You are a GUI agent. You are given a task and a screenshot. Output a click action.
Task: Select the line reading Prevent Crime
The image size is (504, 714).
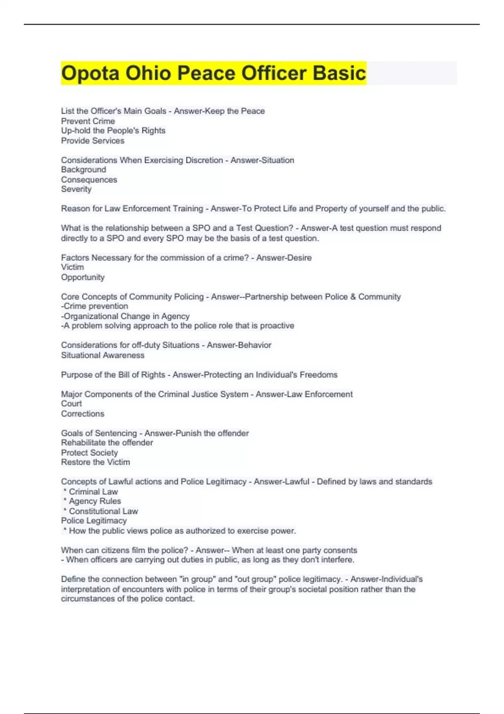pyautogui.click(x=88, y=121)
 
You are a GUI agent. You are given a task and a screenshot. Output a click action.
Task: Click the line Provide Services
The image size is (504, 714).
pyautogui.click(x=92, y=141)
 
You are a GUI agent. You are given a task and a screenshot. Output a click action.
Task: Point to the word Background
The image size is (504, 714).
pyautogui.click(x=83, y=170)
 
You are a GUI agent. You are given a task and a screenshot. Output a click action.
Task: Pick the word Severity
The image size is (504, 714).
pyautogui.click(x=76, y=189)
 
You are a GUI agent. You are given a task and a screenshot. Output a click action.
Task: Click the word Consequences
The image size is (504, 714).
pyautogui.click(x=89, y=180)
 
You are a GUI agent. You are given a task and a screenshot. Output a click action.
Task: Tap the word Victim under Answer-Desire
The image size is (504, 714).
pyautogui.click(x=72, y=267)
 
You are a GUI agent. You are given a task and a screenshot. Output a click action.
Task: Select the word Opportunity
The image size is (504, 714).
pyautogui.click(x=83, y=277)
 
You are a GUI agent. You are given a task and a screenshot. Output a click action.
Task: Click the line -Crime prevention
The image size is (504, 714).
pyautogui.click(x=94, y=306)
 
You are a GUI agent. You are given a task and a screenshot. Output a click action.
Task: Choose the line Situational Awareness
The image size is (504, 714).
pyautogui.click(x=102, y=355)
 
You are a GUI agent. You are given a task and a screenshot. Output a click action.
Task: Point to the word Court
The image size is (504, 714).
pyautogui.click(x=71, y=404)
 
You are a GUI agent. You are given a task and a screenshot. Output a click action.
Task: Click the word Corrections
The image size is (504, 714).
pyautogui.click(x=83, y=414)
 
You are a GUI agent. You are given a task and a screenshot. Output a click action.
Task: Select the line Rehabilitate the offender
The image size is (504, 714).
pyautogui.click(x=107, y=443)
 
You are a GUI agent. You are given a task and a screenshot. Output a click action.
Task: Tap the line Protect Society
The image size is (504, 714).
pyautogui.click(x=89, y=453)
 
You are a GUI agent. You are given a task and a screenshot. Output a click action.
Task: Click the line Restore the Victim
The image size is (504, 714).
pyautogui.click(x=95, y=462)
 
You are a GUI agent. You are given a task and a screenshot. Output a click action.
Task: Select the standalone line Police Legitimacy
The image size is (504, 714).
pyautogui.click(x=94, y=520)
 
